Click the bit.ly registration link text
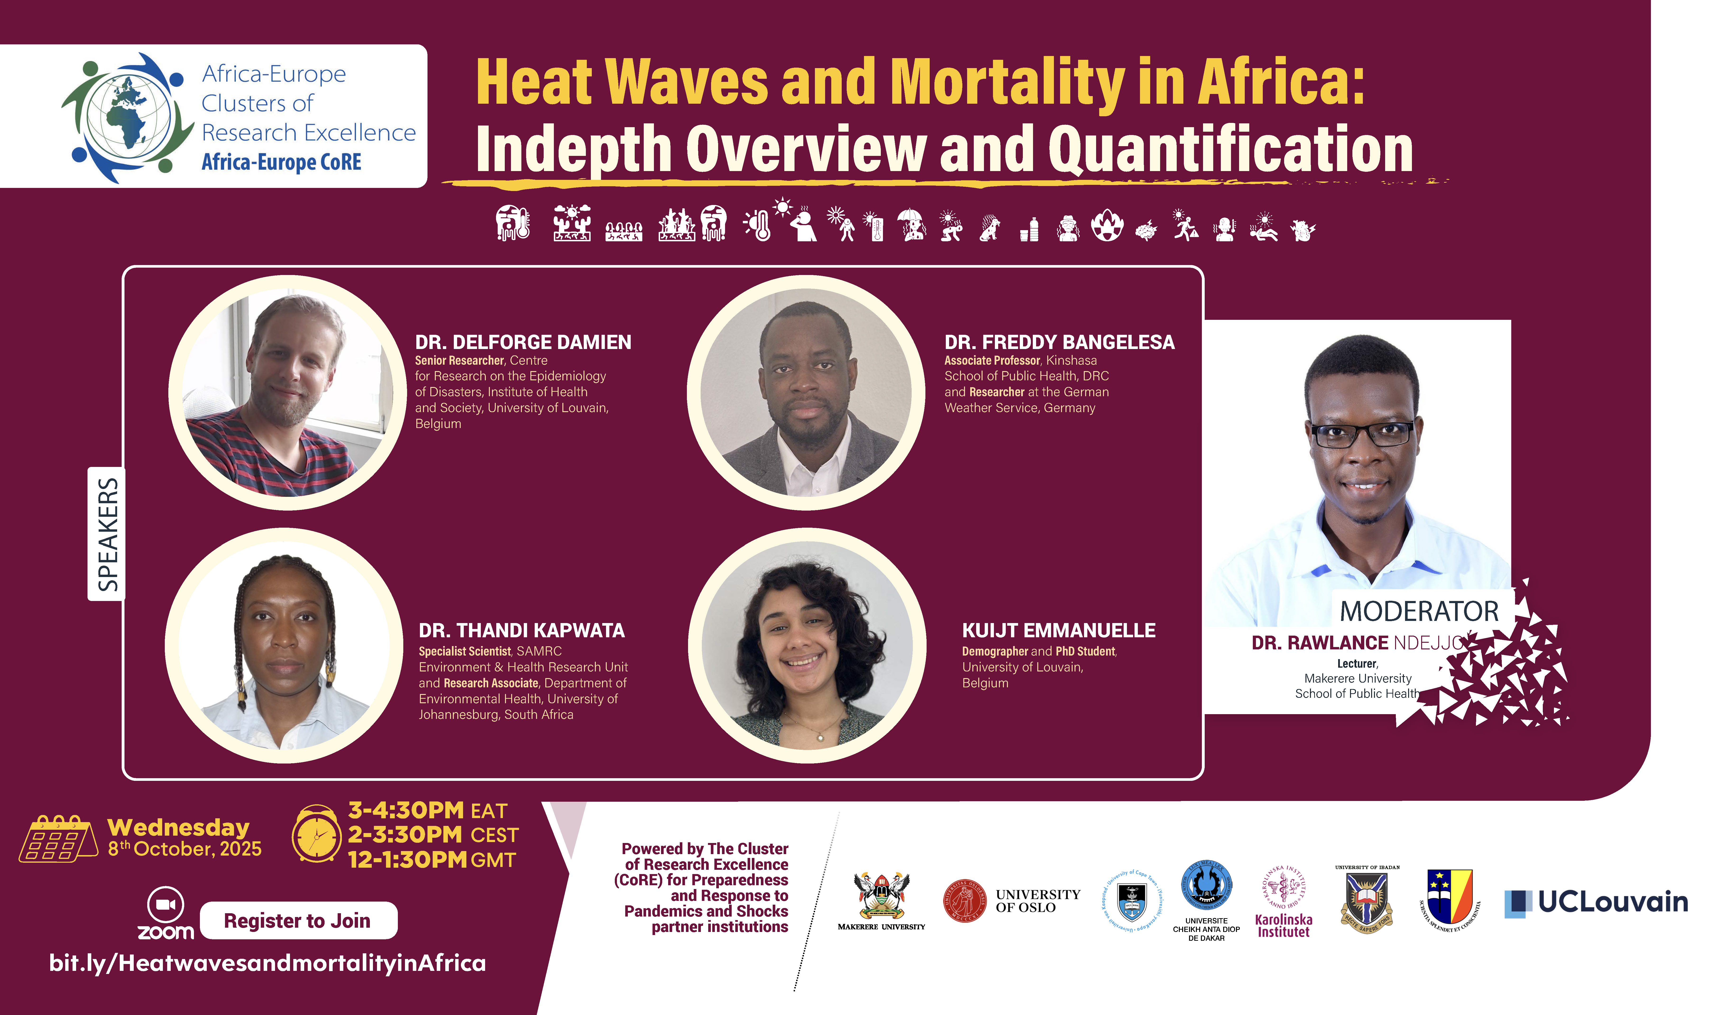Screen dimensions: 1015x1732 tap(267, 963)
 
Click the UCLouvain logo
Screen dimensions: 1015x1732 tap(1596, 902)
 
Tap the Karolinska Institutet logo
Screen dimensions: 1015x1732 tap(1283, 901)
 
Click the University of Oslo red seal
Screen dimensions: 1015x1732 tap(965, 901)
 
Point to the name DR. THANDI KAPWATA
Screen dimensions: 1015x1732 tap(522, 631)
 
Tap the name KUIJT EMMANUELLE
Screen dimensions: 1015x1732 tap(1058, 631)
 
